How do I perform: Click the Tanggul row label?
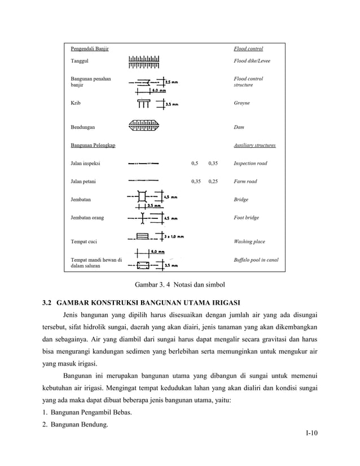[x=80, y=60]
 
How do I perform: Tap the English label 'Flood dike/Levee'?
[x=252, y=60]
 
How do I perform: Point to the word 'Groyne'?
[x=242, y=103]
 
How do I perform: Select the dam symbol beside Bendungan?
[x=144, y=126]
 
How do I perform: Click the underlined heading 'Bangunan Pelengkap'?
[x=93, y=146]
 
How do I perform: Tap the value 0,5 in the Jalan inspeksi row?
[x=195, y=164]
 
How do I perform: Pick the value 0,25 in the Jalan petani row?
[x=213, y=182]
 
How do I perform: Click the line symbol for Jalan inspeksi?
[x=143, y=164]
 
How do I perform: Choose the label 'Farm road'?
[x=245, y=182]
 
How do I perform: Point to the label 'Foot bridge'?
[x=247, y=218]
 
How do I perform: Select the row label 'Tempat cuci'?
[x=84, y=241]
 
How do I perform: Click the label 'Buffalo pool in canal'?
[x=256, y=260]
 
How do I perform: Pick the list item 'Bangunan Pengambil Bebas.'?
[x=91, y=412]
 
